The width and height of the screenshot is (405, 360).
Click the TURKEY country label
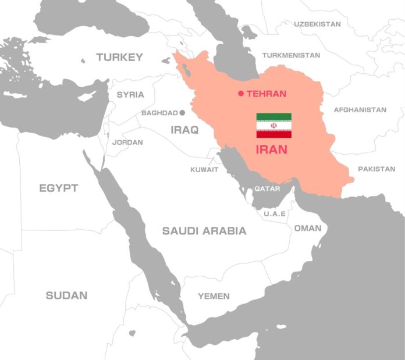point(119,57)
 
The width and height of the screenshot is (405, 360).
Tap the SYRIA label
point(130,94)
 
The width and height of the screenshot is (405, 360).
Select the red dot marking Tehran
point(241,94)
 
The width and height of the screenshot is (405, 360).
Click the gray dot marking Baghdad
point(182,113)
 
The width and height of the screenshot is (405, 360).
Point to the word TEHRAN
point(267,94)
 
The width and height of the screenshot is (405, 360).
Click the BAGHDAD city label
point(159,113)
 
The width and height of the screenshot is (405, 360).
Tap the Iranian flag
point(273,126)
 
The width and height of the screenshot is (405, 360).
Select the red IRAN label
point(271,149)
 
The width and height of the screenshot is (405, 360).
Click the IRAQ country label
point(184,130)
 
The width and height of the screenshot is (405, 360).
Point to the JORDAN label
point(127,142)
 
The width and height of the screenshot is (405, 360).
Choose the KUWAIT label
point(204,170)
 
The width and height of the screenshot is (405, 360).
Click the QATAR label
point(267,188)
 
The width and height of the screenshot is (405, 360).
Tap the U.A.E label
point(275,213)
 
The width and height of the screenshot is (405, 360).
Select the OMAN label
point(307,228)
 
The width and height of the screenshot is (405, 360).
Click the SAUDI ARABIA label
point(204,231)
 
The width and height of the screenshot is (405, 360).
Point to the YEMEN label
point(214,296)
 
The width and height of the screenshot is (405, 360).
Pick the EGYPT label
point(59,188)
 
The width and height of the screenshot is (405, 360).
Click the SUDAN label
point(66,295)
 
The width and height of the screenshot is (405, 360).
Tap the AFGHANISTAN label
point(360,109)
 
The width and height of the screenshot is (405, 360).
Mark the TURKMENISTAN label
point(291,55)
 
